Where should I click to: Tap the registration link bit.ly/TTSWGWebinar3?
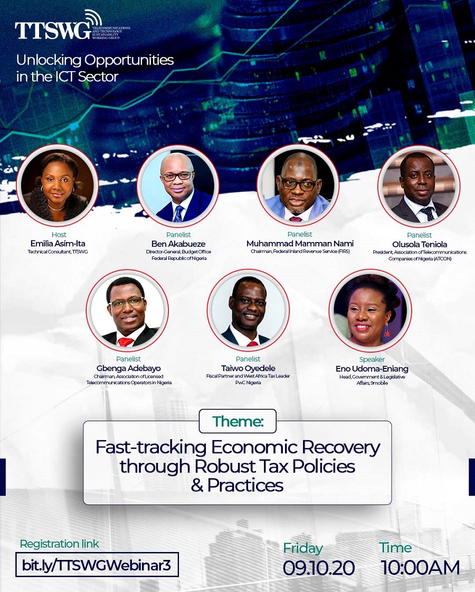tap(97, 565)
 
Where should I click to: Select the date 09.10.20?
tap(319, 568)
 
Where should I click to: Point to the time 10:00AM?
tap(420, 568)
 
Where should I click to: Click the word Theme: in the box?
tap(237, 421)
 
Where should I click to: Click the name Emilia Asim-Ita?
tap(58, 244)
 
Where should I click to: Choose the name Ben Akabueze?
tap(178, 244)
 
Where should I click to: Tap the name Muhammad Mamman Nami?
tap(300, 244)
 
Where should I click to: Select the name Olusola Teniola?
tap(420, 244)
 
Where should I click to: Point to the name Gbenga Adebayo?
tap(128, 368)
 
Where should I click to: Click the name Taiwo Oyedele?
tap(248, 368)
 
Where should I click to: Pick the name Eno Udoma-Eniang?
tap(372, 368)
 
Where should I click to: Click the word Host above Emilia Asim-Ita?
tap(59, 235)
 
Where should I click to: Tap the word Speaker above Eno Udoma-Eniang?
tap(372, 360)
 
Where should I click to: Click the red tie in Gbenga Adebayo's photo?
tap(126, 342)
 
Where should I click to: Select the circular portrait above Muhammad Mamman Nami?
tap(298, 185)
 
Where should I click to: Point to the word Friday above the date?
tap(303, 548)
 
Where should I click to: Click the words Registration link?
tap(59, 544)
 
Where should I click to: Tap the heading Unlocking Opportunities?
tap(95, 60)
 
